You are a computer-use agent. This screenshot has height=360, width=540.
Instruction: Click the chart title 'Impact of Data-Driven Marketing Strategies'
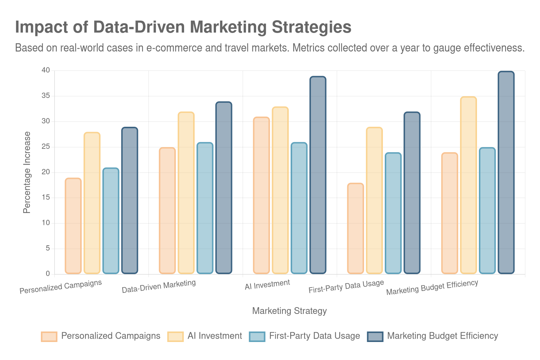(183, 27)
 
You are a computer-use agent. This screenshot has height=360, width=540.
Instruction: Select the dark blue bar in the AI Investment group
(318, 175)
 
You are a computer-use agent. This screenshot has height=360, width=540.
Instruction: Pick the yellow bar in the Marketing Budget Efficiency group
(468, 185)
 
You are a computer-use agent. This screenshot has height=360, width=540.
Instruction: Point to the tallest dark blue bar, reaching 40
(506, 172)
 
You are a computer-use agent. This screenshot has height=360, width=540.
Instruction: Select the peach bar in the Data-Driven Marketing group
(167, 210)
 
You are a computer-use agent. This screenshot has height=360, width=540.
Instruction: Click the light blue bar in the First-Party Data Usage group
(393, 213)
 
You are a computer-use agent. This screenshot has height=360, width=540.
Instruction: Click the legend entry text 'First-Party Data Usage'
(314, 336)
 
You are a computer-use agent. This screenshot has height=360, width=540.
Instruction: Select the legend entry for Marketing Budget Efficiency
(442, 336)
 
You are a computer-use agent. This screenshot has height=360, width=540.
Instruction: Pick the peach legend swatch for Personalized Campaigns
(49, 336)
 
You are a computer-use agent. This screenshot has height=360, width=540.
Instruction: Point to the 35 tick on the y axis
(46, 96)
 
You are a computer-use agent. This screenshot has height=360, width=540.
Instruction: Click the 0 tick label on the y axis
(48, 273)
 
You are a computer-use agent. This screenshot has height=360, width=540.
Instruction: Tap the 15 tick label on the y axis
(46, 197)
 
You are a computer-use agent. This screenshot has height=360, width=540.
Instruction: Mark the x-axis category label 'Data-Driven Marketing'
(159, 286)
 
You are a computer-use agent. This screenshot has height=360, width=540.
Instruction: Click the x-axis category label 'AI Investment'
(267, 285)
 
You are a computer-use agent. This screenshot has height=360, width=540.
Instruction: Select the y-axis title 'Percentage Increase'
(27, 172)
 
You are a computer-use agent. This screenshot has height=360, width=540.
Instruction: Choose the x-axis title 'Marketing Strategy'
(289, 311)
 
